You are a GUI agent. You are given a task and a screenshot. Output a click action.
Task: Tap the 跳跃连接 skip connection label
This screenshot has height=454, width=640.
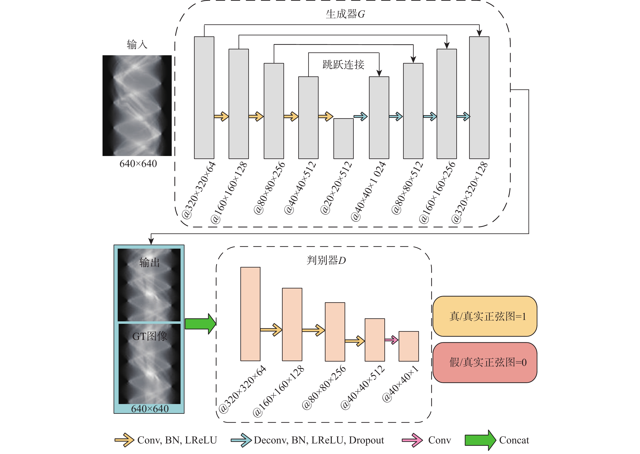343,65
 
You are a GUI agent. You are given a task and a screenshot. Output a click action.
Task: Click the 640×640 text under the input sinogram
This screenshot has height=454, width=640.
138,164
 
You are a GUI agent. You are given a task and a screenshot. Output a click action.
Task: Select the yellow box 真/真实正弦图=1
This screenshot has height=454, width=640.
485,316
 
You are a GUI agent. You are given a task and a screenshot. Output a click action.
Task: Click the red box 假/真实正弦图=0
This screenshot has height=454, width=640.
485,362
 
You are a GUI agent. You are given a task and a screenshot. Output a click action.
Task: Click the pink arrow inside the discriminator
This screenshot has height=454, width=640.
391,340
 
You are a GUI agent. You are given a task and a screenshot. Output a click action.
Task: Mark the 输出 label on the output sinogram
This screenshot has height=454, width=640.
150,262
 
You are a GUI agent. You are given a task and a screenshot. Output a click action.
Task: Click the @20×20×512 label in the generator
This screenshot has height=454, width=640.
336,188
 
